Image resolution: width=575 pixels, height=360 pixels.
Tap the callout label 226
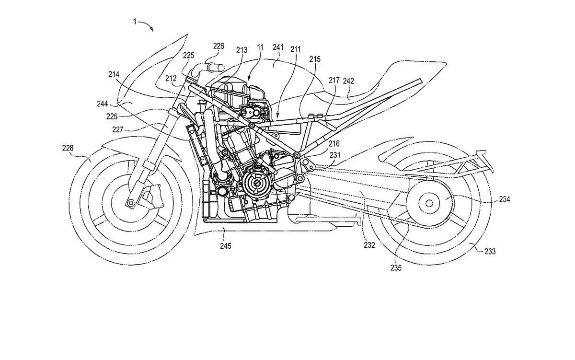[218, 46]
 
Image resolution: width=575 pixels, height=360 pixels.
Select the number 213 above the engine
[241, 49]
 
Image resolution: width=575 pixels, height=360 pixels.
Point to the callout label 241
[278, 47]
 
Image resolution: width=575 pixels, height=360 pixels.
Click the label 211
[296, 49]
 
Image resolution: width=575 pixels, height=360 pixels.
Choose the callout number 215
[315, 59]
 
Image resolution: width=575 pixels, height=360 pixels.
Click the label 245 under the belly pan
[225, 246]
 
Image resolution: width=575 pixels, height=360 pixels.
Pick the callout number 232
[369, 245]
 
